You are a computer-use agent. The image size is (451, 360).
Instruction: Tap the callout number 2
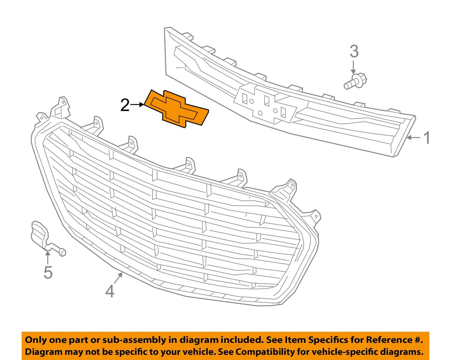(125, 105)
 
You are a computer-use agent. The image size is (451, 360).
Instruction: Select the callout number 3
(354, 52)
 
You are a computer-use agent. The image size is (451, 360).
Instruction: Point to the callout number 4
(110, 291)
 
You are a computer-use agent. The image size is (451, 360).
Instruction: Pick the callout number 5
(48, 272)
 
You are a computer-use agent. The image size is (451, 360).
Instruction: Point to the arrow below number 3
(354, 67)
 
